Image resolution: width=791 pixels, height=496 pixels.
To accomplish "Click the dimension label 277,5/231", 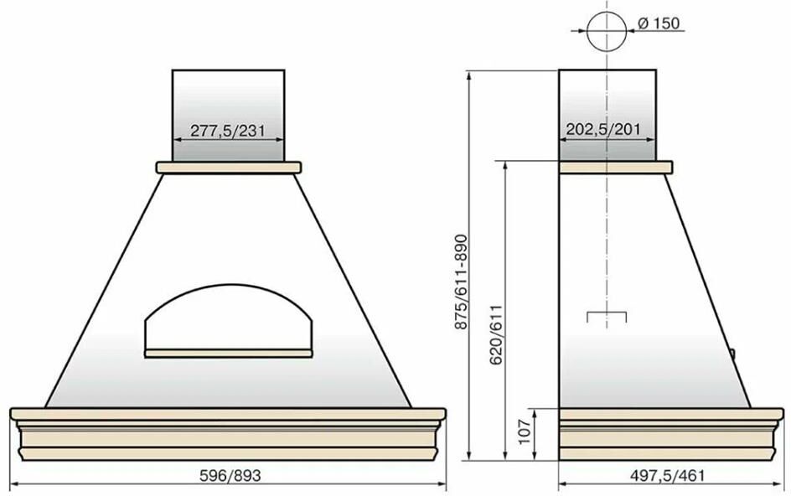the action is [x=228, y=132].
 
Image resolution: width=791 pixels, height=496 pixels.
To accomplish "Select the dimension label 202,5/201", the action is [x=602, y=129].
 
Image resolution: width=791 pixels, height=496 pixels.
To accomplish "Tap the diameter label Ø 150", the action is [x=659, y=23].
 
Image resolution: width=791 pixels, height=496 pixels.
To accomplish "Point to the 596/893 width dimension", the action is [x=230, y=475].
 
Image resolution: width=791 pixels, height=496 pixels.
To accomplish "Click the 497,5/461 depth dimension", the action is [x=667, y=475].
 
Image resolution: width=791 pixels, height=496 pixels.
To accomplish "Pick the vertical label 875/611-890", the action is [x=462, y=282].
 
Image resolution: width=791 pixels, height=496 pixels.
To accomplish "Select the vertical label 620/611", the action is [x=496, y=334].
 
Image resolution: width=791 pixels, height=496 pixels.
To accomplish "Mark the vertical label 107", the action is [x=525, y=432].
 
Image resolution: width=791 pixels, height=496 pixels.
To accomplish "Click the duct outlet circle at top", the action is [x=607, y=31].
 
